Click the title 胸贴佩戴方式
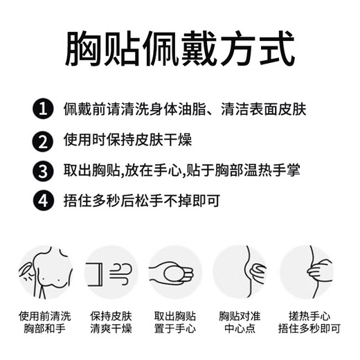click(x=179, y=48)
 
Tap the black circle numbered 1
click(x=43, y=109)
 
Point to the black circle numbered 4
click(x=43, y=201)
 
